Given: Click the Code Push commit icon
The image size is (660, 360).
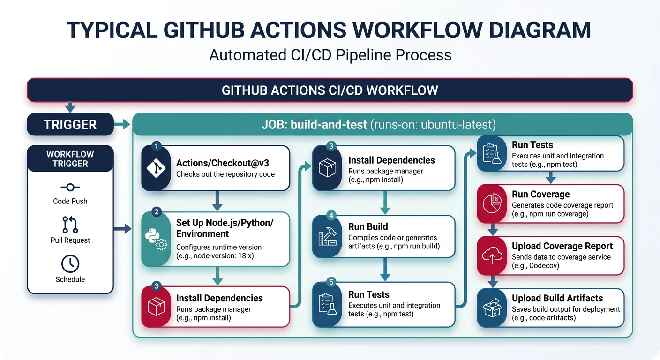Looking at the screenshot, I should (x=70, y=187).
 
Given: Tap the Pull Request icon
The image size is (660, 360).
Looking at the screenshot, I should (x=70, y=225).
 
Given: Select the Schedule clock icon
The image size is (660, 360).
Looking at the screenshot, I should (x=70, y=263).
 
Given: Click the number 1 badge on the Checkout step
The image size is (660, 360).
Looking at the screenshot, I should (x=157, y=147).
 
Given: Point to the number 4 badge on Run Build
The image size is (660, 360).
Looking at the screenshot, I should (x=331, y=216).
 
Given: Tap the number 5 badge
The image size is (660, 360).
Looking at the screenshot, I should (x=331, y=282).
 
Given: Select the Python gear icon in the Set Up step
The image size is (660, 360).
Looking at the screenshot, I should (x=157, y=239).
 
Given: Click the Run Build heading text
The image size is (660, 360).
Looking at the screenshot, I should (x=368, y=227).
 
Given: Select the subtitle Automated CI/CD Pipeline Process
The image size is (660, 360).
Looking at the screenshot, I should (x=330, y=55).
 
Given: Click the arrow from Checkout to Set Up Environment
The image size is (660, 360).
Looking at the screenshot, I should (x=217, y=201).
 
